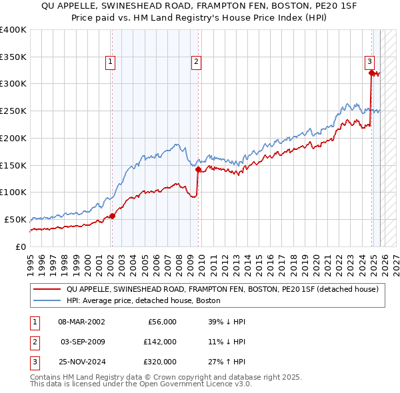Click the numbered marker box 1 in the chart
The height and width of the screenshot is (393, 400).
click(x=110, y=62)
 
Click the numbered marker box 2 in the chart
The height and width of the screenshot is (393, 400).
click(x=197, y=62)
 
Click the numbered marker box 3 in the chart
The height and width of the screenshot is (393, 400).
click(x=369, y=62)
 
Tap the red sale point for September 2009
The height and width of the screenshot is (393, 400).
click(x=198, y=169)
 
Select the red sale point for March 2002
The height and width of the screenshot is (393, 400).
click(x=112, y=216)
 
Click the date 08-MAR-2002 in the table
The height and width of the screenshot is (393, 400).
click(x=82, y=322)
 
